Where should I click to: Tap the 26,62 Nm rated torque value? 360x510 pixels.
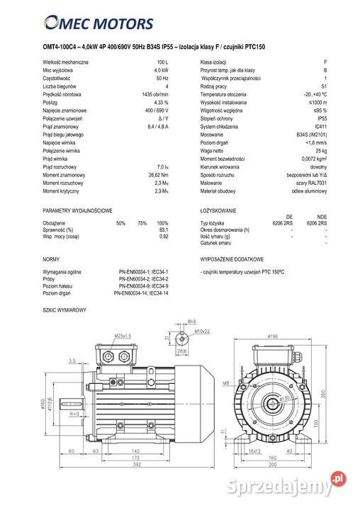pyautogui.click(x=159, y=175)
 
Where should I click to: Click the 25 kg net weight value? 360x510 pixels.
pyautogui.click(x=321, y=151)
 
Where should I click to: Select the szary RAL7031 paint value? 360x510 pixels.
pyautogui.click(x=313, y=183)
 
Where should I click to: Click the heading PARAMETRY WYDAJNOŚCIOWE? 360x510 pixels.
pyautogui.click(x=77, y=211)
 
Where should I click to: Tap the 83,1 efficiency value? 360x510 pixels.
pyautogui.click(x=164, y=229)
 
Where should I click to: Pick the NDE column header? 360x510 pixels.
pyautogui.click(x=322, y=217)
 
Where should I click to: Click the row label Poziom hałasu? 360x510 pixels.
pyautogui.click(x=60, y=285)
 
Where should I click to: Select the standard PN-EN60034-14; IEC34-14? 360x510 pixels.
pyautogui.click(x=141, y=293)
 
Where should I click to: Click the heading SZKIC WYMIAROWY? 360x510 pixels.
pyautogui.click(x=64, y=311)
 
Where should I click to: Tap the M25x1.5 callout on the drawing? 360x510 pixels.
pyautogui.click(x=123, y=335)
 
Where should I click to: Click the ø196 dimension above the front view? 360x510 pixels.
pyautogui.click(x=271, y=336)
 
